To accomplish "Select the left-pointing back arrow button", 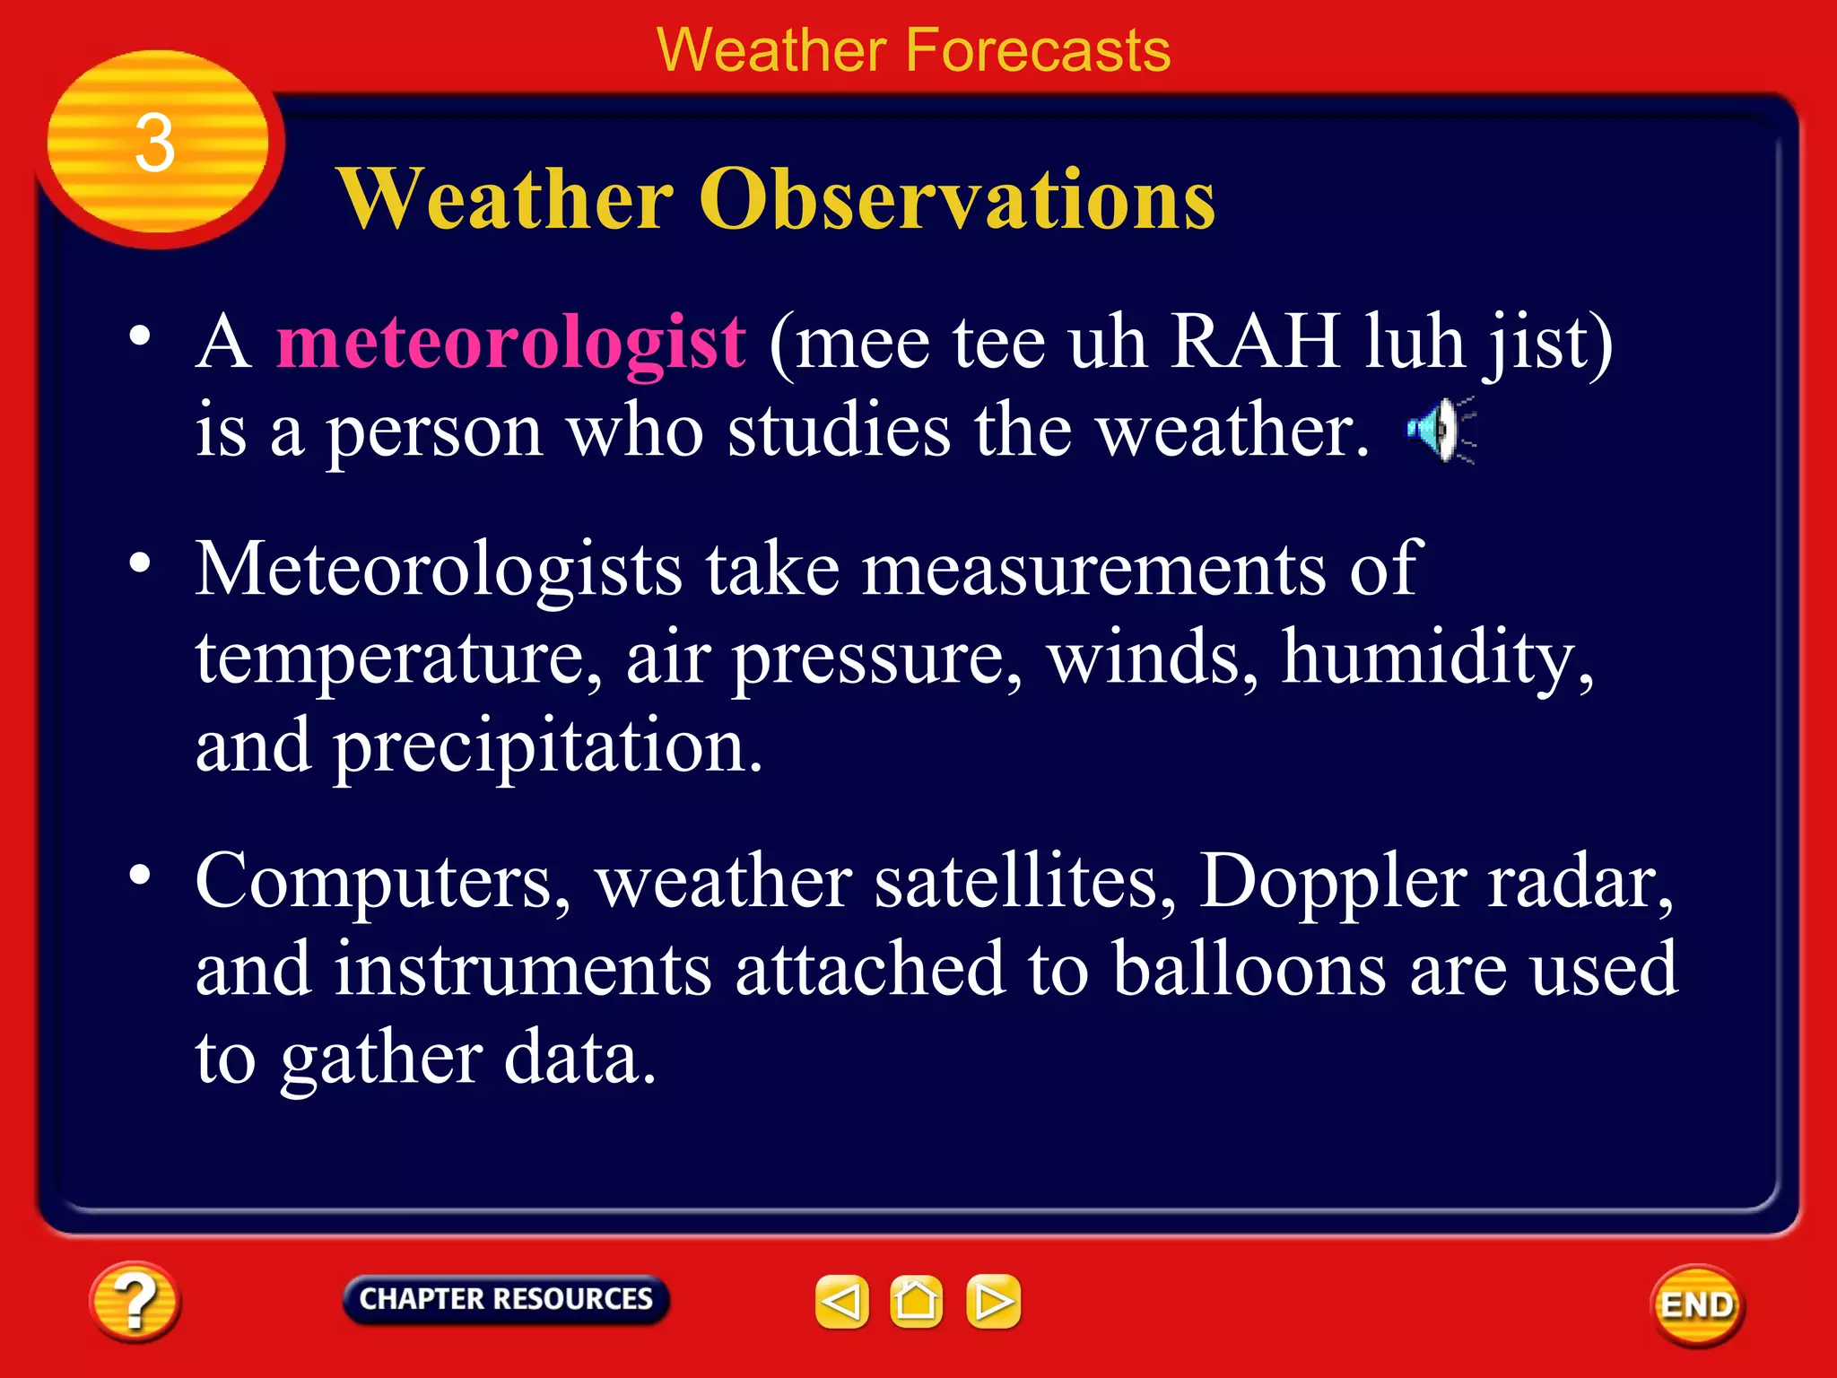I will tap(841, 1301).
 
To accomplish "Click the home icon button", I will tap(916, 1301).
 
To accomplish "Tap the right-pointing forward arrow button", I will tap(993, 1301).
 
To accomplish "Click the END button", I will tap(1696, 1304).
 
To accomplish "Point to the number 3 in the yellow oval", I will tap(154, 144).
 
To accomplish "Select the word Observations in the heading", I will tap(957, 199).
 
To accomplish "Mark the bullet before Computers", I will tap(140, 874).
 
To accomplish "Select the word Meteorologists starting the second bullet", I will tap(439, 571).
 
